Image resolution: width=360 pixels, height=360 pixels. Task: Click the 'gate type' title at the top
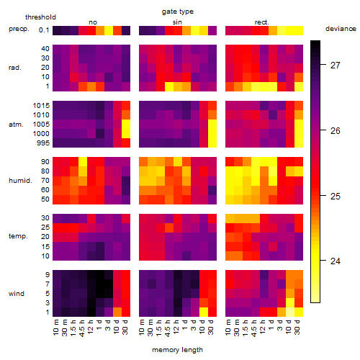point(178,12)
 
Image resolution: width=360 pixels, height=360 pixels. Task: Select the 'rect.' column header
point(261,22)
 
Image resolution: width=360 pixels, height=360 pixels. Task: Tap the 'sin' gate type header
point(177,22)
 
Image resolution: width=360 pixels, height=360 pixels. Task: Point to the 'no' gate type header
point(93,22)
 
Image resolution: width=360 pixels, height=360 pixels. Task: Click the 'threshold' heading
point(40,17)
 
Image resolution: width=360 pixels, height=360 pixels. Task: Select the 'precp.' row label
point(19,29)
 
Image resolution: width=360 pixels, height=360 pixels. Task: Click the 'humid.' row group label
point(20,181)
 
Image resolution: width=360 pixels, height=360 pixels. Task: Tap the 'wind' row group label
point(17,294)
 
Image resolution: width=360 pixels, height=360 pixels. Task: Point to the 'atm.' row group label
point(16,125)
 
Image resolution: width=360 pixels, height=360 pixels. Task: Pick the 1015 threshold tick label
point(41,106)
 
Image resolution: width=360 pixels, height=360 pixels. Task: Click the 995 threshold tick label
point(43,143)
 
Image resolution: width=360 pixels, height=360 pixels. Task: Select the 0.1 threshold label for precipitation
point(44,30)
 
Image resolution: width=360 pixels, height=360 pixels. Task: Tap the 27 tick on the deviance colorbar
point(336,65)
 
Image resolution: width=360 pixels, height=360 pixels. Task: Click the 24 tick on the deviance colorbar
point(336,261)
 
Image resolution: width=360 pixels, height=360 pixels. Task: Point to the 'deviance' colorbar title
point(341,29)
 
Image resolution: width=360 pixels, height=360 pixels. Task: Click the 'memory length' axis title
point(178,350)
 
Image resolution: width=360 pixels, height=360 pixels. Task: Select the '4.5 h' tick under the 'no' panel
point(82,328)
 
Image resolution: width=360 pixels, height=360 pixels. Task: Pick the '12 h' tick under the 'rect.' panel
point(263,327)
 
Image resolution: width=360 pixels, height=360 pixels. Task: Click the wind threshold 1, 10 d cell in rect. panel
point(290,312)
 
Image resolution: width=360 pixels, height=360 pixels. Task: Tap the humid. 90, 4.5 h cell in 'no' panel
point(83,162)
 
